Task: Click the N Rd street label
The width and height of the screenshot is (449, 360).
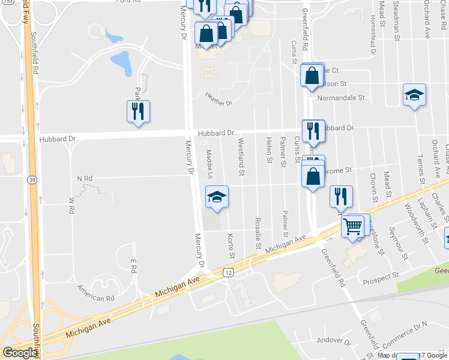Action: tap(85, 179)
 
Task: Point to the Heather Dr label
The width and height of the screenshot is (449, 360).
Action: tap(218, 99)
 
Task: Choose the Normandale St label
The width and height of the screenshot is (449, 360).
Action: tap(341, 97)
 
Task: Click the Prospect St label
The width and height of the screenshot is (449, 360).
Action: tap(381, 276)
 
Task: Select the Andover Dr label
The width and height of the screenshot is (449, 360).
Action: tap(334, 341)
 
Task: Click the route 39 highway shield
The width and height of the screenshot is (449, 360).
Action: tap(31, 179)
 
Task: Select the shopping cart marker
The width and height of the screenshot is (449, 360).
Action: tap(352, 226)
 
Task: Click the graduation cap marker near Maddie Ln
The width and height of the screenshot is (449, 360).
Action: tap(217, 196)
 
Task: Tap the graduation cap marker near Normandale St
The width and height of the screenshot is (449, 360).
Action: tap(414, 94)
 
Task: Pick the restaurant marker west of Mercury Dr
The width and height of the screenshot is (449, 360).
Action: tap(138, 111)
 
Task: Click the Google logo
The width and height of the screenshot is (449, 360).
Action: tap(20, 353)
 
